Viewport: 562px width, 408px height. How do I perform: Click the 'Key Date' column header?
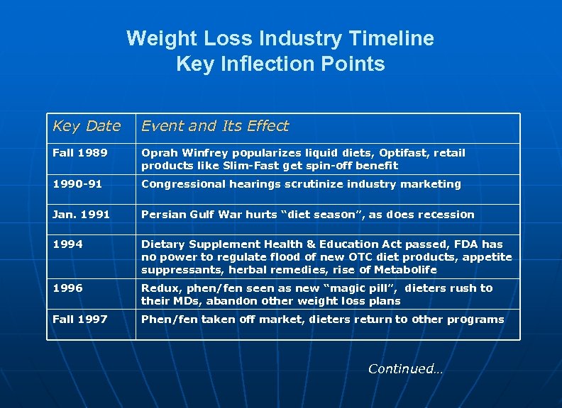87,126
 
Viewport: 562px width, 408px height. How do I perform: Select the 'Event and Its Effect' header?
215,126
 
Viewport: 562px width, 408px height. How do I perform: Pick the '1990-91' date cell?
77,184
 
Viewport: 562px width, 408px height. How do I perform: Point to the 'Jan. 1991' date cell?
81,215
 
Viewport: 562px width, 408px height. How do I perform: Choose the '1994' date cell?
67,244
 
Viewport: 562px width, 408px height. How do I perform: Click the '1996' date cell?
67,288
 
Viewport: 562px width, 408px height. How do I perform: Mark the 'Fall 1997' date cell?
80,319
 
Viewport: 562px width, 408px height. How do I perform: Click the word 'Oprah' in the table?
158,153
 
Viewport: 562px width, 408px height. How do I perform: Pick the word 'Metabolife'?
407,270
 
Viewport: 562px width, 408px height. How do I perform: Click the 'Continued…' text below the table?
405,368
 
